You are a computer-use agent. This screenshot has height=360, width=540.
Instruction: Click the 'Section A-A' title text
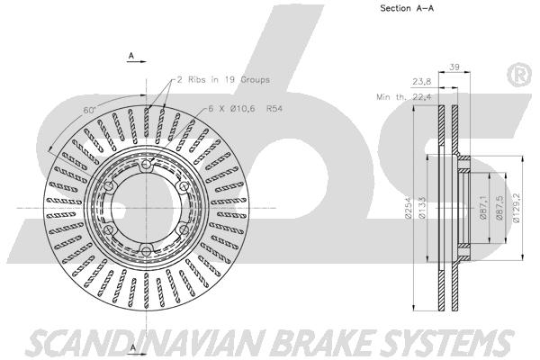click(x=407, y=8)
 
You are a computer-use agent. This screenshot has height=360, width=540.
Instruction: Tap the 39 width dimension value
click(x=454, y=67)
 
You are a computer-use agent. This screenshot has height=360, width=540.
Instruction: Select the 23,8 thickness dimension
click(x=422, y=82)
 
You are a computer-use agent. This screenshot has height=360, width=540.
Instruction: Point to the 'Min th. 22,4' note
click(x=404, y=97)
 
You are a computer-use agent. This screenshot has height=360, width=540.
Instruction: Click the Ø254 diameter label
click(x=409, y=208)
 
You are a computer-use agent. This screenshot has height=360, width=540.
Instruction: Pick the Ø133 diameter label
click(x=423, y=208)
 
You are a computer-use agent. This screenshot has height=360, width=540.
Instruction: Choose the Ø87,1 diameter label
click(x=482, y=208)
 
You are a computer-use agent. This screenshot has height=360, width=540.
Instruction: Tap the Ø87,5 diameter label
click(x=499, y=208)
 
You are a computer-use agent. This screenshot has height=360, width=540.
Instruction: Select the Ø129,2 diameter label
click(x=516, y=208)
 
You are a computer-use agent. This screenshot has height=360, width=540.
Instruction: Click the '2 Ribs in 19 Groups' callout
click(x=223, y=79)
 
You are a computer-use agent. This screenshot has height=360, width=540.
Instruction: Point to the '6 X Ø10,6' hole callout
click(x=232, y=109)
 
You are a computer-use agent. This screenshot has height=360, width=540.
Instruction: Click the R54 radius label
click(x=274, y=109)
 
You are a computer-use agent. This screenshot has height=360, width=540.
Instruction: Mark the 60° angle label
click(x=89, y=110)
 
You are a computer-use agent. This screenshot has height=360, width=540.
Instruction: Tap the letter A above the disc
click(x=131, y=55)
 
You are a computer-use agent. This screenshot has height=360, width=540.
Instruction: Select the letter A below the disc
click(x=133, y=347)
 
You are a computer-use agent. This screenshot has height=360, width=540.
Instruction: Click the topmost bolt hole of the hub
click(x=147, y=165)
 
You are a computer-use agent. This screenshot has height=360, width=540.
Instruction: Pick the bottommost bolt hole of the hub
click(x=147, y=250)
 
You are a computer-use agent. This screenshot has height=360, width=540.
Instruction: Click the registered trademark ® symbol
click(x=519, y=75)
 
